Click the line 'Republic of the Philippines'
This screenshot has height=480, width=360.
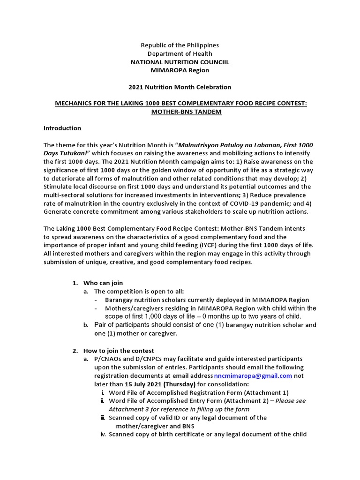click(x=180, y=45)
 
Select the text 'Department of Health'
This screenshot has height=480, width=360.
click(x=180, y=54)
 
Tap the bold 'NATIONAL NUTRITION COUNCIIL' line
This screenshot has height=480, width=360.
click(x=180, y=62)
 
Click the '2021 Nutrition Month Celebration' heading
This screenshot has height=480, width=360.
click(x=180, y=87)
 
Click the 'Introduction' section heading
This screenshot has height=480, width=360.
click(x=62, y=128)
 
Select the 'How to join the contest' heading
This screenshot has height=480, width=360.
click(x=119, y=351)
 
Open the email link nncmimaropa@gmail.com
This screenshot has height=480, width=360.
click(x=253, y=376)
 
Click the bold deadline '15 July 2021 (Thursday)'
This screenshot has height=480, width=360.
click(x=143, y=384)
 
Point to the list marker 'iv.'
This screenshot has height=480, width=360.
click(x=103, y=434)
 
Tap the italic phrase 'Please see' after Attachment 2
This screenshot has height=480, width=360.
click(x=292, y=401)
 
